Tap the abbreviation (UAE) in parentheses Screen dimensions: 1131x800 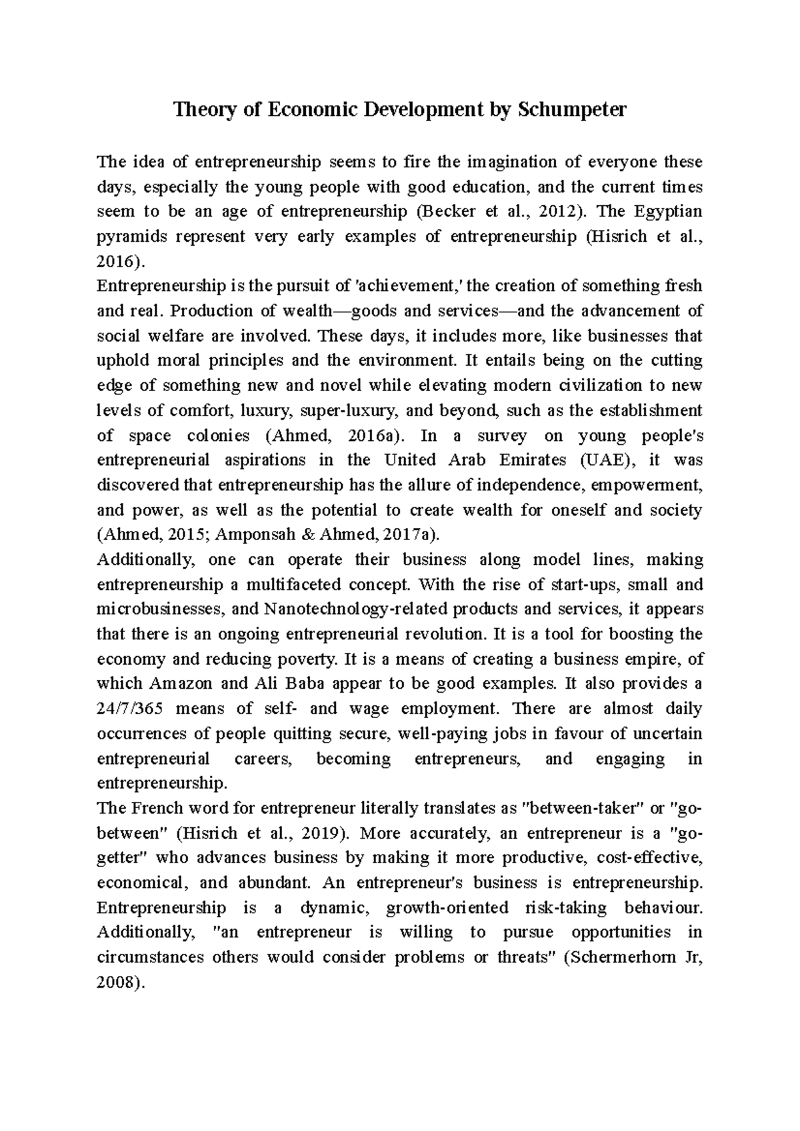pos(609,460)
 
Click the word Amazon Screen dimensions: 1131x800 pos(181,683)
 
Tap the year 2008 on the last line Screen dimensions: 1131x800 pos(116,982)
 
